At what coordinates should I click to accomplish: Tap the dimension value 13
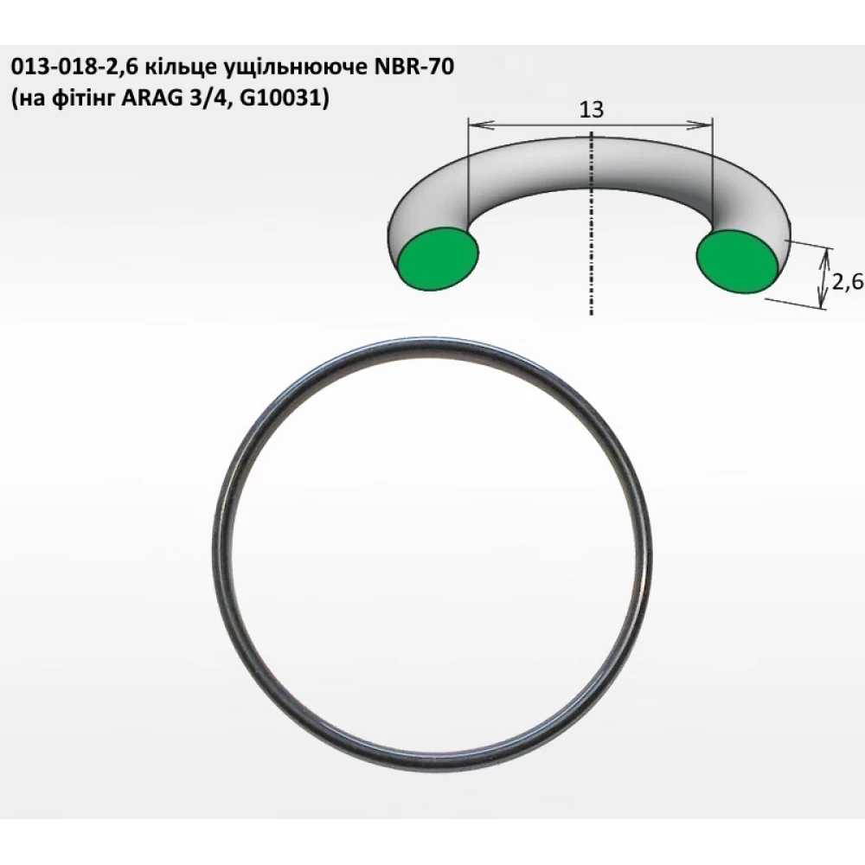pyautogui.click(x=591, y=110)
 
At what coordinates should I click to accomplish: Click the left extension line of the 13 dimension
pyautogui.click(x=467, y=173)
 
